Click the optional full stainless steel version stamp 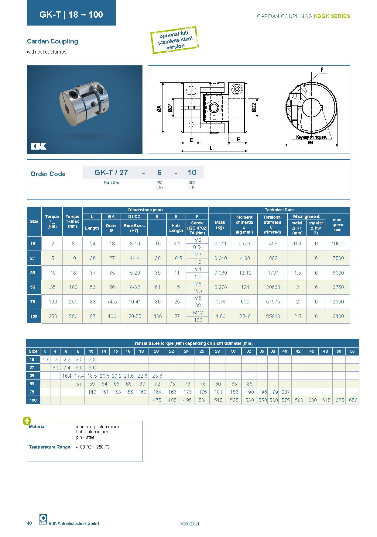[x=174, y=40]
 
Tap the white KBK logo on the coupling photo [x=39, y=146]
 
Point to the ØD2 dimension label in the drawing [x=254, y=108]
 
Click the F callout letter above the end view [x=322, y=70]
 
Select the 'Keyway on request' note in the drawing [x=311, y=137]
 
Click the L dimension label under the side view [x=211, y=148]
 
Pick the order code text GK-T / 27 [x=111, y=173]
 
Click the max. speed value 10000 [x=338, y=244]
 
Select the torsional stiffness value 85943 [x=273, y=316]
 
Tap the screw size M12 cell [x=198, y=313]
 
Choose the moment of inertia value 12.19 [x=245, y=273]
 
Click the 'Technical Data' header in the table [x=279, y=210]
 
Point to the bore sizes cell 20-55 [x=135, y=316]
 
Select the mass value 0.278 [x=220, y=287]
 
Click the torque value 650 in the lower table [x=353, y=400]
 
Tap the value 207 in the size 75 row [x=285, y=392]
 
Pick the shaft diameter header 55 [x=352, y=351]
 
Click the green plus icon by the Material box [x=27, y=421]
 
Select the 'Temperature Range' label [x=50, y=447]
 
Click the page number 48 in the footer [x=29, y=523]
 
